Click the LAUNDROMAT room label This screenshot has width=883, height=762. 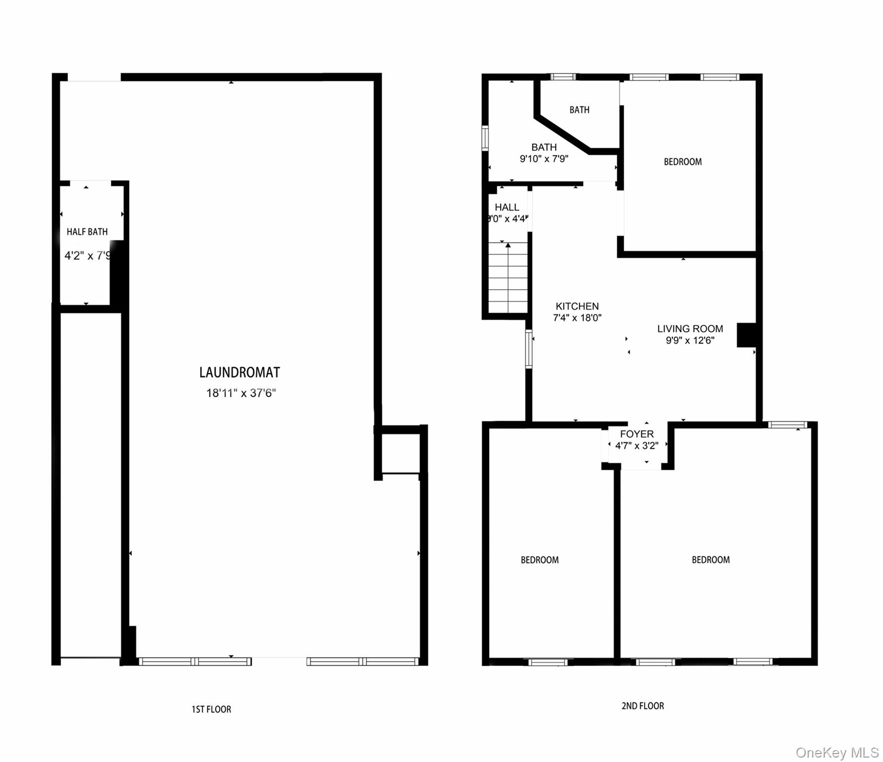239,372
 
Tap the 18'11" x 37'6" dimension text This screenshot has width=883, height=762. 241,393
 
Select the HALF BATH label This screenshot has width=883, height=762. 87,232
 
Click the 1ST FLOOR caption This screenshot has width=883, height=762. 211,709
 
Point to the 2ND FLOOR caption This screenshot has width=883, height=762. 642,706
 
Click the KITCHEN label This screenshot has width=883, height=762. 577,306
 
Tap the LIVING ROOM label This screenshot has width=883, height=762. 690,328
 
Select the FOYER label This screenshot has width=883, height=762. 637,434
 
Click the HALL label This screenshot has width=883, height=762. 507,207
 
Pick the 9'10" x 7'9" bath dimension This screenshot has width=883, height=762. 544,159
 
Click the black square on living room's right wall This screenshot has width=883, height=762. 746,335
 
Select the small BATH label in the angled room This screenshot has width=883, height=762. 579,110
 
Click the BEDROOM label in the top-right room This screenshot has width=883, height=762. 682,162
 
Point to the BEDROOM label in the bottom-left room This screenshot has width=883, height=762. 539,560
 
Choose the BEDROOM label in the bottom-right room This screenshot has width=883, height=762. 711,560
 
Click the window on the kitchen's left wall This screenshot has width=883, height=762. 529,349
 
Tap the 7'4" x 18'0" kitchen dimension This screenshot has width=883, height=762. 577,318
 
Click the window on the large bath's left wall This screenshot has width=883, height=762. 485,138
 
